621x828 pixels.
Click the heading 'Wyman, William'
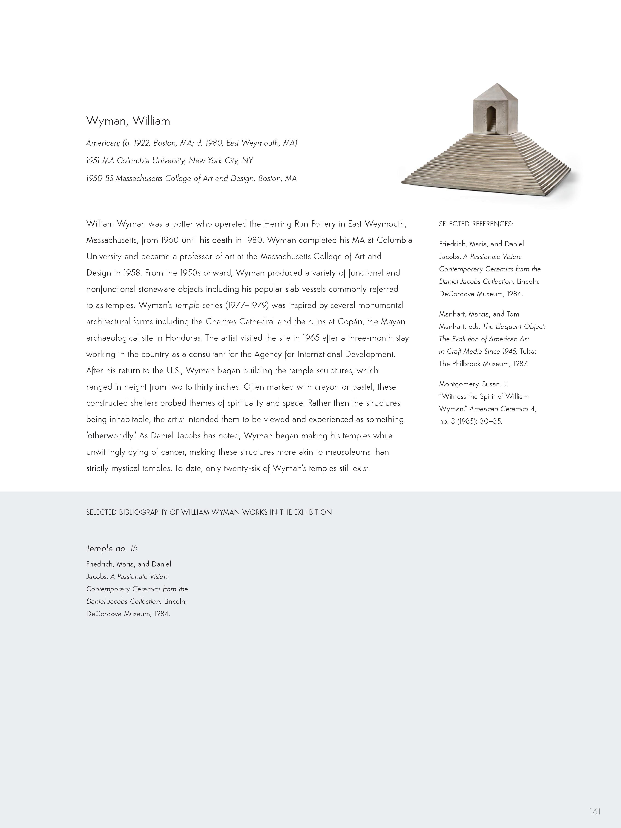point(128,121)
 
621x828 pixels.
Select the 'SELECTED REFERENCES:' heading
point(476,224)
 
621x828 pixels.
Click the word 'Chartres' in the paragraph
point(221,322)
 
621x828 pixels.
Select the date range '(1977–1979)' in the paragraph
point(247,305)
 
